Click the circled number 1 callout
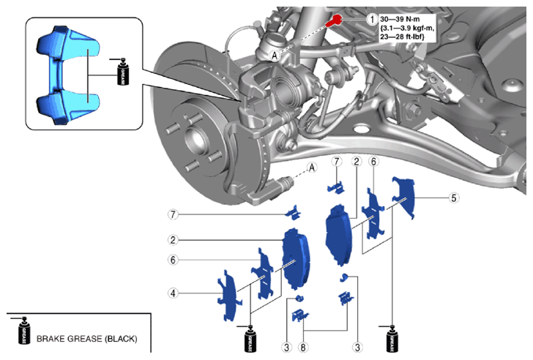(x=372, y=19)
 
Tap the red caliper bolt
(x=334, y=20)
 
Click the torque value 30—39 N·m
(x=400, y=19)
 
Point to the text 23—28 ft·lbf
(x=402, y=37)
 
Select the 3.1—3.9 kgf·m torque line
(x=407, y=28)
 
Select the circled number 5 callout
(x=454, y=198)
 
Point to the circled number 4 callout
(x=173, y=293)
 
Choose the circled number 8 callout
(x=303, y=347)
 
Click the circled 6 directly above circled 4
(x=173, y=260)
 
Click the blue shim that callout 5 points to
(x=404, y=196)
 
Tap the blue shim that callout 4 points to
(x=228, y=296)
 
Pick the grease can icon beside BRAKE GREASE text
(x=23, y=331)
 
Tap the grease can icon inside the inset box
(x=122, y=72)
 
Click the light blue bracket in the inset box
(x=67, y=75)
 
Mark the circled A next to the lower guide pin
(x=312, y=167)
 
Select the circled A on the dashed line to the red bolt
(x=275, y=56)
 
